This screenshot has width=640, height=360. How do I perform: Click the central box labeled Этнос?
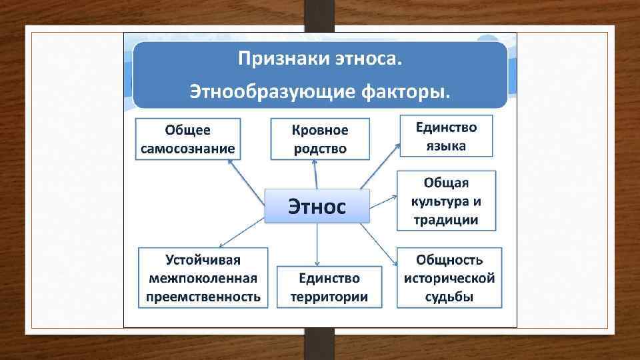click(317, 205)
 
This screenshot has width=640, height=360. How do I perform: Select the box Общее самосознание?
click(189, 139)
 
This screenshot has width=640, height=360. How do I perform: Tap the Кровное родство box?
click(320, 139)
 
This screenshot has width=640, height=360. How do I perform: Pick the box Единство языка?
click(446, 136)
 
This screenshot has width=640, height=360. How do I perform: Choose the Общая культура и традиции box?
click(446, 201)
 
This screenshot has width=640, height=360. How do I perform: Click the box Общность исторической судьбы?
click(449, 277)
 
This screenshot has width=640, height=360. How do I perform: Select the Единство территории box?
click(329, 287)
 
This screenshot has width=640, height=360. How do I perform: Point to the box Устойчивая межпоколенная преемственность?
click(203, 277)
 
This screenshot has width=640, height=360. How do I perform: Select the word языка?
click(446, 146)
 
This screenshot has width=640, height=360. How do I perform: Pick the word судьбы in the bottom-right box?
click(449, 297)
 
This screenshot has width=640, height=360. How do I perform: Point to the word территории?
click(329, 297)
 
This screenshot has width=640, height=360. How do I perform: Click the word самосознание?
click(189, 148)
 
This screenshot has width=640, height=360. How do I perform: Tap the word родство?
click(320, 148)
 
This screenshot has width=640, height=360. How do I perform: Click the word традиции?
click(446, 220)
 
